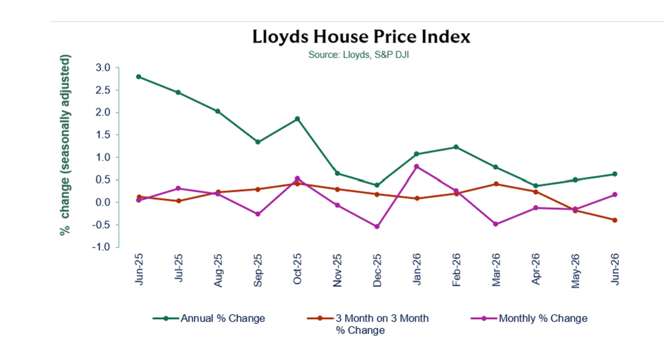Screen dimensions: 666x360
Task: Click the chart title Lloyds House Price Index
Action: [361, 37]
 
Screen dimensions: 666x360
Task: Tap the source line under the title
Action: [359, 55]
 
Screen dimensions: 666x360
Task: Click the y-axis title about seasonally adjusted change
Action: [64, 145]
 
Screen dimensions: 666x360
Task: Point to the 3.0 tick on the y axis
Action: [103, 68]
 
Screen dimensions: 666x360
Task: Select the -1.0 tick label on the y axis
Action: [101, 247]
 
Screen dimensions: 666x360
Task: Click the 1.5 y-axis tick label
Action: [103, 135]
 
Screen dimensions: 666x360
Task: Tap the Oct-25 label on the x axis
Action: [297, 269]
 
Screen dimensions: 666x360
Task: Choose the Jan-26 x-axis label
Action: [417, 269]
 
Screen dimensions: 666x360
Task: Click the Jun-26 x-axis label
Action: [615, 269]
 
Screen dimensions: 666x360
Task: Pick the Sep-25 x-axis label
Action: [258, 270]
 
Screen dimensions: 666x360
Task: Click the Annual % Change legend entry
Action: [209, 318]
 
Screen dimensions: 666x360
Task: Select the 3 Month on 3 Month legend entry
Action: [368, 324]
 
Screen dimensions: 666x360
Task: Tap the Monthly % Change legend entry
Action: [529, 318]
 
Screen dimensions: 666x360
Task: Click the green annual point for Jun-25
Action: [138, 77]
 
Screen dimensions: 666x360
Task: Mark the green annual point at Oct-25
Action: [297, 119]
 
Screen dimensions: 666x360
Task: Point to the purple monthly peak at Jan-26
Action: [417, 166]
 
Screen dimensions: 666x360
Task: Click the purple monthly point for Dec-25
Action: [377, 227]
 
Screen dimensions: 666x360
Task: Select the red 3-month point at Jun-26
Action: [615, 220]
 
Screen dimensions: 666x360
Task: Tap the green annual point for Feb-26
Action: [456, 147]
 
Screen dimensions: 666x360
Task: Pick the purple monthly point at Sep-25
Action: [258, 214]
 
